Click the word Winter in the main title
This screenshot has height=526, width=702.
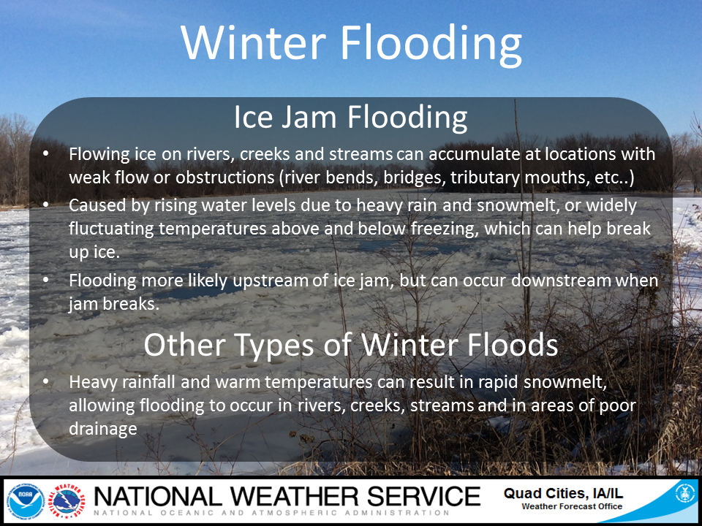[x=254, y=42]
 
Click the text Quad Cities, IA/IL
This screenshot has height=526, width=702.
[x=563, y=493]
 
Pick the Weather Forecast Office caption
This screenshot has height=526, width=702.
[x=572, y=506]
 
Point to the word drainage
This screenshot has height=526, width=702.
[x=103, y=430]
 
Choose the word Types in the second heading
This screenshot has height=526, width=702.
[x=273, y=346]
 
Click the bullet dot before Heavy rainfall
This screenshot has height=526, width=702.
[x=45, y=382]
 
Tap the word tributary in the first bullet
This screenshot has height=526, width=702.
[x=485, y=178]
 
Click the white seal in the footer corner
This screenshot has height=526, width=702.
[x=684, y=494]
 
